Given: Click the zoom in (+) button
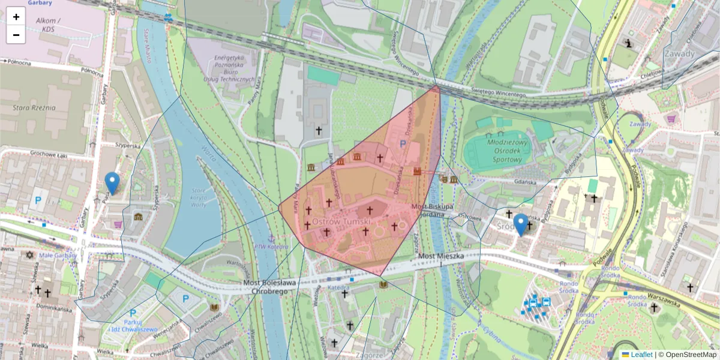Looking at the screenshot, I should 16,17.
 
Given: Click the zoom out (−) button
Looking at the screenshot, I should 16,35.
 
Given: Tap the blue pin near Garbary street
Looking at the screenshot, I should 112,182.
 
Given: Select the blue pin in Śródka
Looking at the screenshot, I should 521,224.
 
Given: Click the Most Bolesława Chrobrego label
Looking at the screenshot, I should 270,287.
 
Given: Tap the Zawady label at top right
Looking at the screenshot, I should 679,53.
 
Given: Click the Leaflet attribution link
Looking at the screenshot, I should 641,355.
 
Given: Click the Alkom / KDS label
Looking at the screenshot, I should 46,24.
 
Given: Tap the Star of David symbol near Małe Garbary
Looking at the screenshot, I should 28,254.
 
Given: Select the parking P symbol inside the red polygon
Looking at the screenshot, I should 403,144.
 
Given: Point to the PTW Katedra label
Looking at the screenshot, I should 271,246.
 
